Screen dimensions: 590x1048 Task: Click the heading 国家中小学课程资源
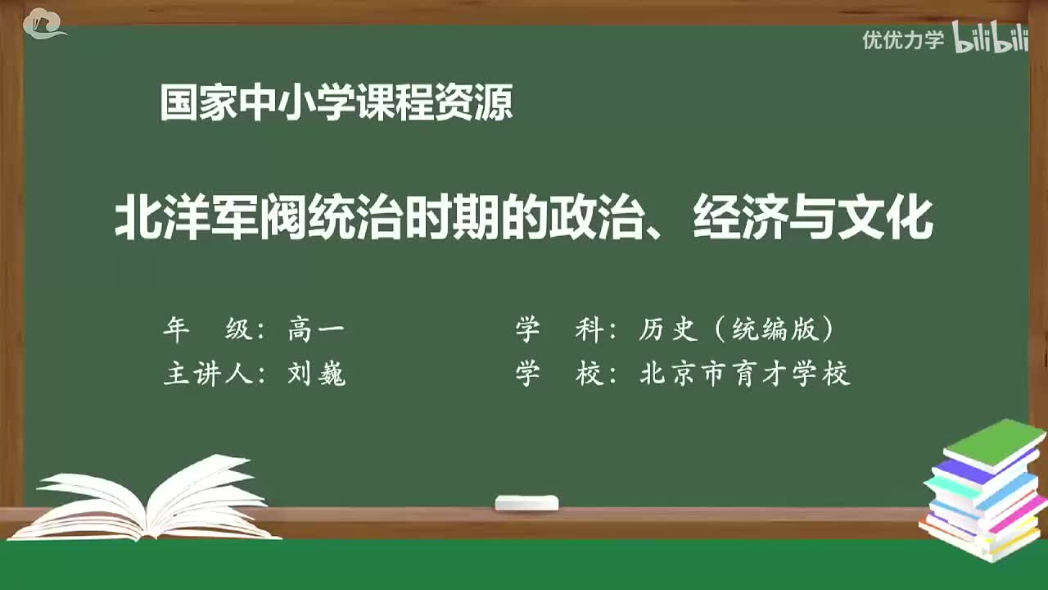point(336,105)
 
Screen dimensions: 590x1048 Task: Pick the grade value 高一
point(316,330)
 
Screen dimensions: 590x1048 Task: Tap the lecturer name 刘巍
point(317,374)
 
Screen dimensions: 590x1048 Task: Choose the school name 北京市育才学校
point(745,374)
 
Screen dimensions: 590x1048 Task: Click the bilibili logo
point(991,39)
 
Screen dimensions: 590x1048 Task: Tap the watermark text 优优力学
point(903,39)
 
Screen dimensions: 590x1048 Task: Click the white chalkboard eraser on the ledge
point(526,503)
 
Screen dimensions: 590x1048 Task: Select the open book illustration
point(147,500)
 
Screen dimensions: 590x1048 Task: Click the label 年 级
point(209,330)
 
